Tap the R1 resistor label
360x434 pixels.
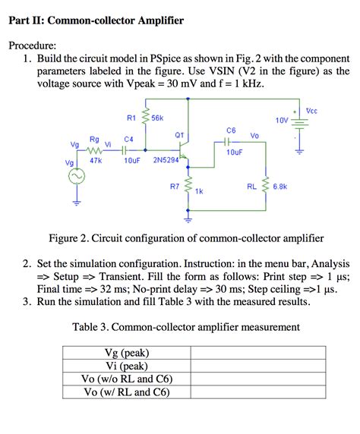point(131,118)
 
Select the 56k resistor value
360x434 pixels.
point(158,118)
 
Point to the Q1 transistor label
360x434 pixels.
point(180,135)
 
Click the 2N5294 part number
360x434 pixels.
point(166,161)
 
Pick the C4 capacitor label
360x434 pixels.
point(129,140)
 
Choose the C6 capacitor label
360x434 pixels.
point(231,131)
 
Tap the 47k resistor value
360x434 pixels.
point(96,161)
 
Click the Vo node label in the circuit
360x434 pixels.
point(256,136)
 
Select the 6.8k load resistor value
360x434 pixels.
point(279,186)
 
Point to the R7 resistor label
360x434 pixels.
point(175,185)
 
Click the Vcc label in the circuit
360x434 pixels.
point(312,111)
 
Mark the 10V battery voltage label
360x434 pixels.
point(282,120)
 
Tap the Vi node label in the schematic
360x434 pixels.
point(109,143)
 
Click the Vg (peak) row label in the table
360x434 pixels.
point(126,353)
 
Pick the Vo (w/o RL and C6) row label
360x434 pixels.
point(126,379)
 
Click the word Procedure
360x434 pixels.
point(33,45)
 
